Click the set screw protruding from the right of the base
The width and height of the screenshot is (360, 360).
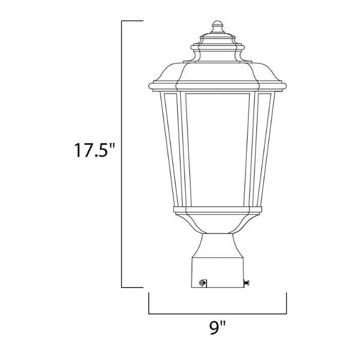tap(248, 281)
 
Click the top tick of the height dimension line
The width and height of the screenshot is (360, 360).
tap(132, 21)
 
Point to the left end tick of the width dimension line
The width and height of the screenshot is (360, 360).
tap(149, 303)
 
